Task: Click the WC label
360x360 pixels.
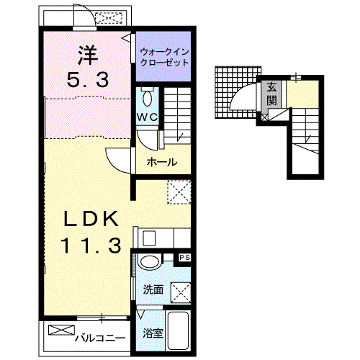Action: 147,117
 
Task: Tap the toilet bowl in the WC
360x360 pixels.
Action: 147,98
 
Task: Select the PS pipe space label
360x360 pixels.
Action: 184,258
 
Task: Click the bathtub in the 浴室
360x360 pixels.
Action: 178,330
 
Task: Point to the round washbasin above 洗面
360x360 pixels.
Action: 149,262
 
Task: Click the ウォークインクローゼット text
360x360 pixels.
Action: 164,57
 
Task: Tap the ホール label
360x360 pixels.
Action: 162,162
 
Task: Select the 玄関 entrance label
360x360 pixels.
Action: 271,94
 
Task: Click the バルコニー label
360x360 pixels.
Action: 100,338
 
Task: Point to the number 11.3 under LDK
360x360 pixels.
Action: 91,246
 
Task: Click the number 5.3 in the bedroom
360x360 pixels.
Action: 88,80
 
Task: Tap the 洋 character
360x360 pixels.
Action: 88,55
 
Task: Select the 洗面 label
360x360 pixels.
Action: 153,289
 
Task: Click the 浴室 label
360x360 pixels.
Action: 153,333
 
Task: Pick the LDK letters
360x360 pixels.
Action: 91,219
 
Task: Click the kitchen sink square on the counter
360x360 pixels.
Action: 149,238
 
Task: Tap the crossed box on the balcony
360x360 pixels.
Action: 61,330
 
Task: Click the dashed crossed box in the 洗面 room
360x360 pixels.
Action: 181,292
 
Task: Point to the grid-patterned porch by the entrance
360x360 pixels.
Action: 238,92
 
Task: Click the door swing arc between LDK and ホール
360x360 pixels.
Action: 117,161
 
